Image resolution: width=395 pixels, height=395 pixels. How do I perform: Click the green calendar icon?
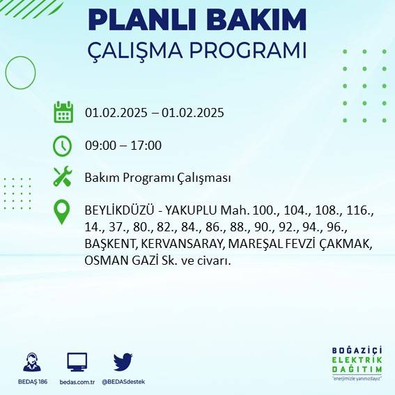point(63,112)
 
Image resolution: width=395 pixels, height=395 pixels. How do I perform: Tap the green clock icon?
point(63,146)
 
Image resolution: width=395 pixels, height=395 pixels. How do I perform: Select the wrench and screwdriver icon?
point(63,177)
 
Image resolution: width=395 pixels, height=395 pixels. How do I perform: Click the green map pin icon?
point(63,212)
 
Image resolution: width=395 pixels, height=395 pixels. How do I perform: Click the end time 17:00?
point(146,146)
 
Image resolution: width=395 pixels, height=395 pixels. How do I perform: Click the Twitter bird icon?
point(123,362)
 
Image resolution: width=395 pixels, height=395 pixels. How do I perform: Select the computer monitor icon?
point(77,362)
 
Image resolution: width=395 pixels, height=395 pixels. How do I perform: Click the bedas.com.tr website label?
point(77,382)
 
